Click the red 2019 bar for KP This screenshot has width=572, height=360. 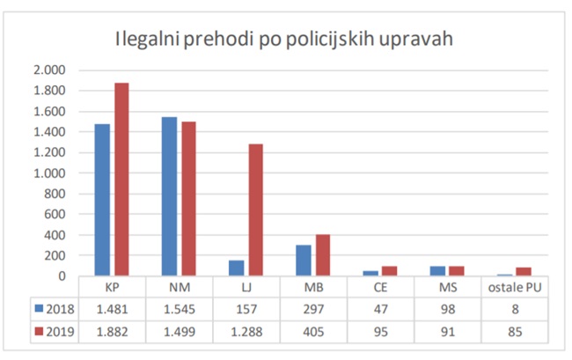click(121, 180)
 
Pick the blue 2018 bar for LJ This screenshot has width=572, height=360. click(237, 268)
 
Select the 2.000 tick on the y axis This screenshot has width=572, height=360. click(49, 70)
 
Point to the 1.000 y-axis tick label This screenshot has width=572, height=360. click(49, 173)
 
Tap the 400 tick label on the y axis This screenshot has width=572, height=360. click(55, 235)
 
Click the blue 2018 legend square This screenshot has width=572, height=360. click(39, 308)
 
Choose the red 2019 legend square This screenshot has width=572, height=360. click(39, 331)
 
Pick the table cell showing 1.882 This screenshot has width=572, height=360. click(113, 331)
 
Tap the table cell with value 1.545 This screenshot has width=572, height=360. click(179, 308)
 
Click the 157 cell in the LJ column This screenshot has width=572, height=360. click(246, 308)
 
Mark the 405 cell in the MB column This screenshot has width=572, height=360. click(313, 331)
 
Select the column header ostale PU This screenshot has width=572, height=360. click(515, 287)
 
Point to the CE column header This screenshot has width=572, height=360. click(381, 287)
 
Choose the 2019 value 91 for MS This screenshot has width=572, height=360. click(448, 331)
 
